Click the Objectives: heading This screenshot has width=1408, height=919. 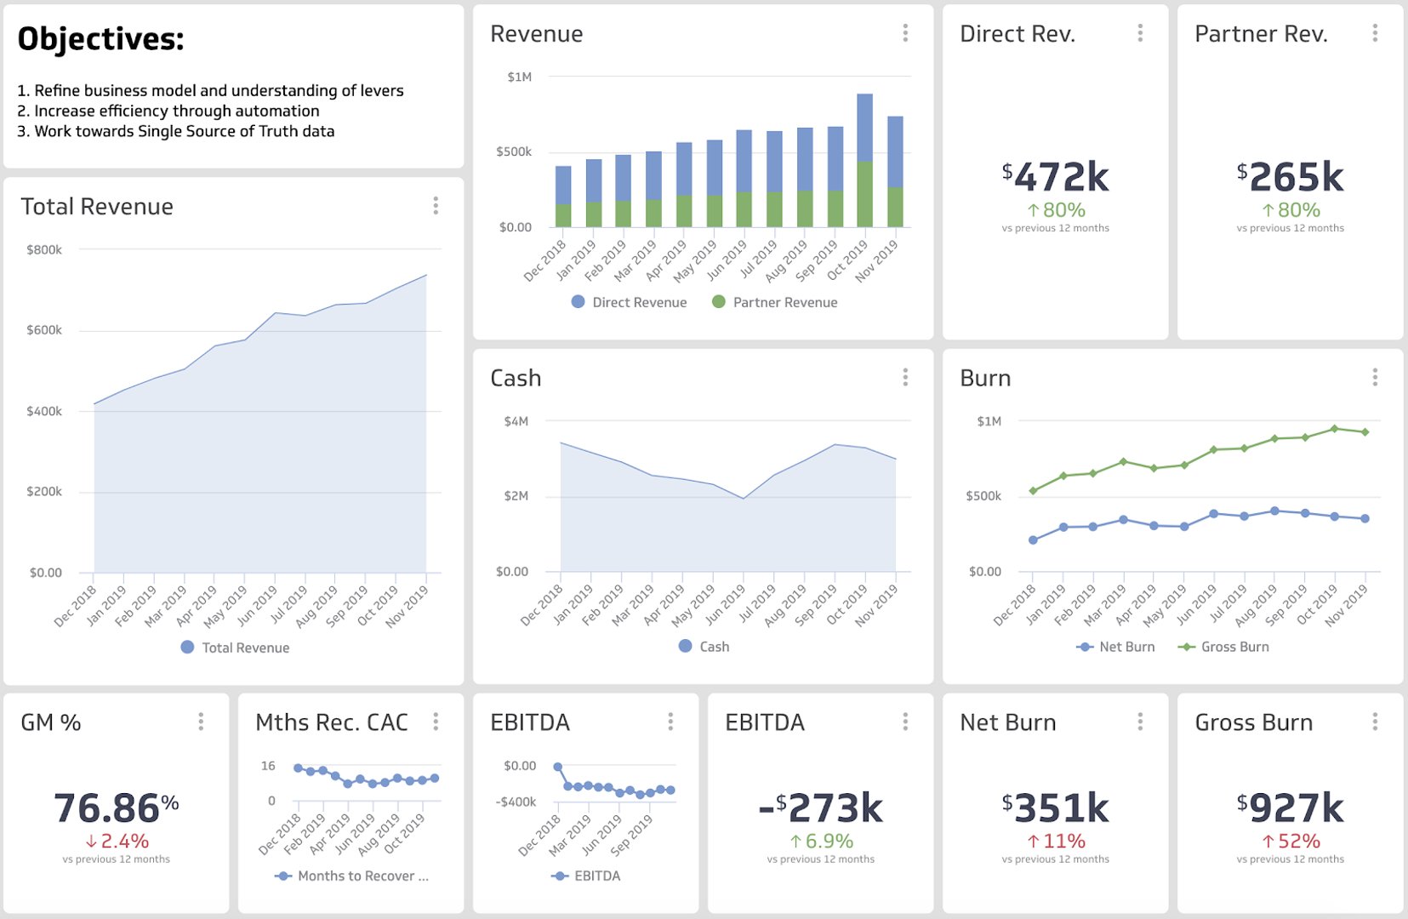tap(100, 39)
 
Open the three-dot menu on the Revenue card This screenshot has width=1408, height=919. tap(905, 33)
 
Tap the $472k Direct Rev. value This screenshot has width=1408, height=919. tap(1055, 177)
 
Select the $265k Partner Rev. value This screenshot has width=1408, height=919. tap(1290, 177)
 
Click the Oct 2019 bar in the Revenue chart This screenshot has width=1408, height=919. tap(864, 160)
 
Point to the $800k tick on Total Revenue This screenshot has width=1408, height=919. tap(44, 250)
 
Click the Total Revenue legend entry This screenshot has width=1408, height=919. tap(236, 648)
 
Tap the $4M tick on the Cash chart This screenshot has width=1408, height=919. tap(516, 421)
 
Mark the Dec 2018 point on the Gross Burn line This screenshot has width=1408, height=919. tap(1033, 491)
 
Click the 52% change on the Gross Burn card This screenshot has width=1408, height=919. tap(1291, 842)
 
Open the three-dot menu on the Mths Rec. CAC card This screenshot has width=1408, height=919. tap(436, 722)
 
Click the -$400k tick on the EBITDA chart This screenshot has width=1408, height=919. tap(516, 802)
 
